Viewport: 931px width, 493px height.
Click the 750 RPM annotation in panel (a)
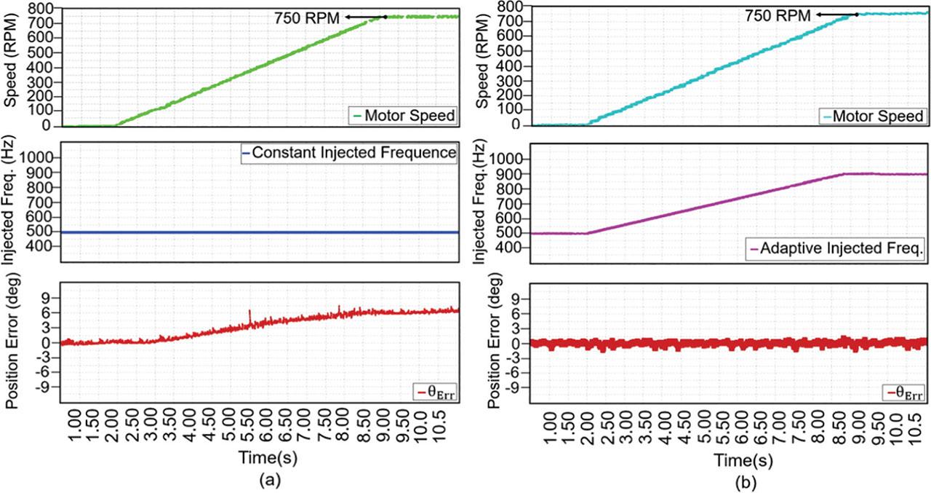pyautogui.click(x=307, y=17)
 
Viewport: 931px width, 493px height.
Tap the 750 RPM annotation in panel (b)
pyautogui.click(x=778, y=15)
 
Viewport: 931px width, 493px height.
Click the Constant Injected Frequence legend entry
pyautogui.click(x=349, y=153)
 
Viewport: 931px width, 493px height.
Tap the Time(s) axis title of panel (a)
pyautogui.click(x=268, y=458)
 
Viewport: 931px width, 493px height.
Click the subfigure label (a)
pyautogui.click(x=268, y=481)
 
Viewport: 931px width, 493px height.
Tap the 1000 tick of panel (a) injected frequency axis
pyautogui.click(x=41, y=157)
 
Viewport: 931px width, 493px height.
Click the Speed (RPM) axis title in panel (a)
pyautogui.click(x=12, y=63)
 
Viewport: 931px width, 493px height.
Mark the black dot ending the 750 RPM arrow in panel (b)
pyautogui.click(x=856, y=14)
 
